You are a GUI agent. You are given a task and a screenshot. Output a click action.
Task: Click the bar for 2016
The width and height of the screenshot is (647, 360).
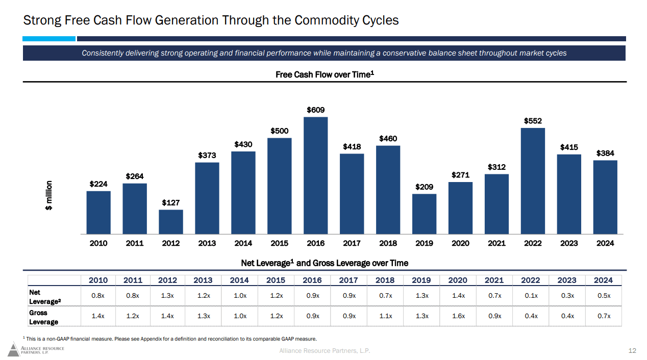[x=316, y=175]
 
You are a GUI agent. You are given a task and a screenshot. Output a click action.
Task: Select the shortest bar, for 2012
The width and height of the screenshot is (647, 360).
[x=171, y=221]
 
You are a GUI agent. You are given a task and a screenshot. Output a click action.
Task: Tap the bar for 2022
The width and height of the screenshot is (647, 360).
[x=533, y=181]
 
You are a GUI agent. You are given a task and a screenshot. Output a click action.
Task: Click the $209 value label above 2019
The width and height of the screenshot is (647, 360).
[x=424, y=187]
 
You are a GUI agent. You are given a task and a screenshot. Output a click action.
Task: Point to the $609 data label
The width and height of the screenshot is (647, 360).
[x=316, y=110]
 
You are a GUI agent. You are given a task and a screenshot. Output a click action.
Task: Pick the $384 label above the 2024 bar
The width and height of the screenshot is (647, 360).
[x=605, y=153]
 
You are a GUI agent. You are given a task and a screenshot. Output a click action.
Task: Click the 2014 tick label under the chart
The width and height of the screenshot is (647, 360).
[x=243, y=243]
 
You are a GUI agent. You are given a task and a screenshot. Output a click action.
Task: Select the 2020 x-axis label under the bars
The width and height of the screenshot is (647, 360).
[x=460, y=243]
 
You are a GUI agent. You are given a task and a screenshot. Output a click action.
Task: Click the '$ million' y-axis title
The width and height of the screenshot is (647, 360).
[x=49, y=195]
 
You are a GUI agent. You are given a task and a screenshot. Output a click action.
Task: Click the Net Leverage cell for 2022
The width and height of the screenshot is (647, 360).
[x=531, y=296]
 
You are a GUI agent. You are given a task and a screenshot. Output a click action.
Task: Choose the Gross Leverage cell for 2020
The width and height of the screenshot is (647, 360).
[x=458, y=316]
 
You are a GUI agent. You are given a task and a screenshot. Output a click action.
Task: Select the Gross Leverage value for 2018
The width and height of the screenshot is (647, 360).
[x=385, y=316]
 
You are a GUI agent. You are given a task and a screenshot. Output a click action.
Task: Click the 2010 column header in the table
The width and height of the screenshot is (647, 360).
[x=98, y=280]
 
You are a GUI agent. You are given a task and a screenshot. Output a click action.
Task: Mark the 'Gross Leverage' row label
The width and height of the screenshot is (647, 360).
[x=44, y=317]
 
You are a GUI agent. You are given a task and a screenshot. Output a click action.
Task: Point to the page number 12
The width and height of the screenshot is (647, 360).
[x=632, y=350]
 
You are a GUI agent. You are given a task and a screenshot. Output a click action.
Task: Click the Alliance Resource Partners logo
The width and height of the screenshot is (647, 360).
[x=36, y=350]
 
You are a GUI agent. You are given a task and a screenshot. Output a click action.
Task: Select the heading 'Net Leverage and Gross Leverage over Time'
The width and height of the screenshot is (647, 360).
[x=325, y=263]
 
